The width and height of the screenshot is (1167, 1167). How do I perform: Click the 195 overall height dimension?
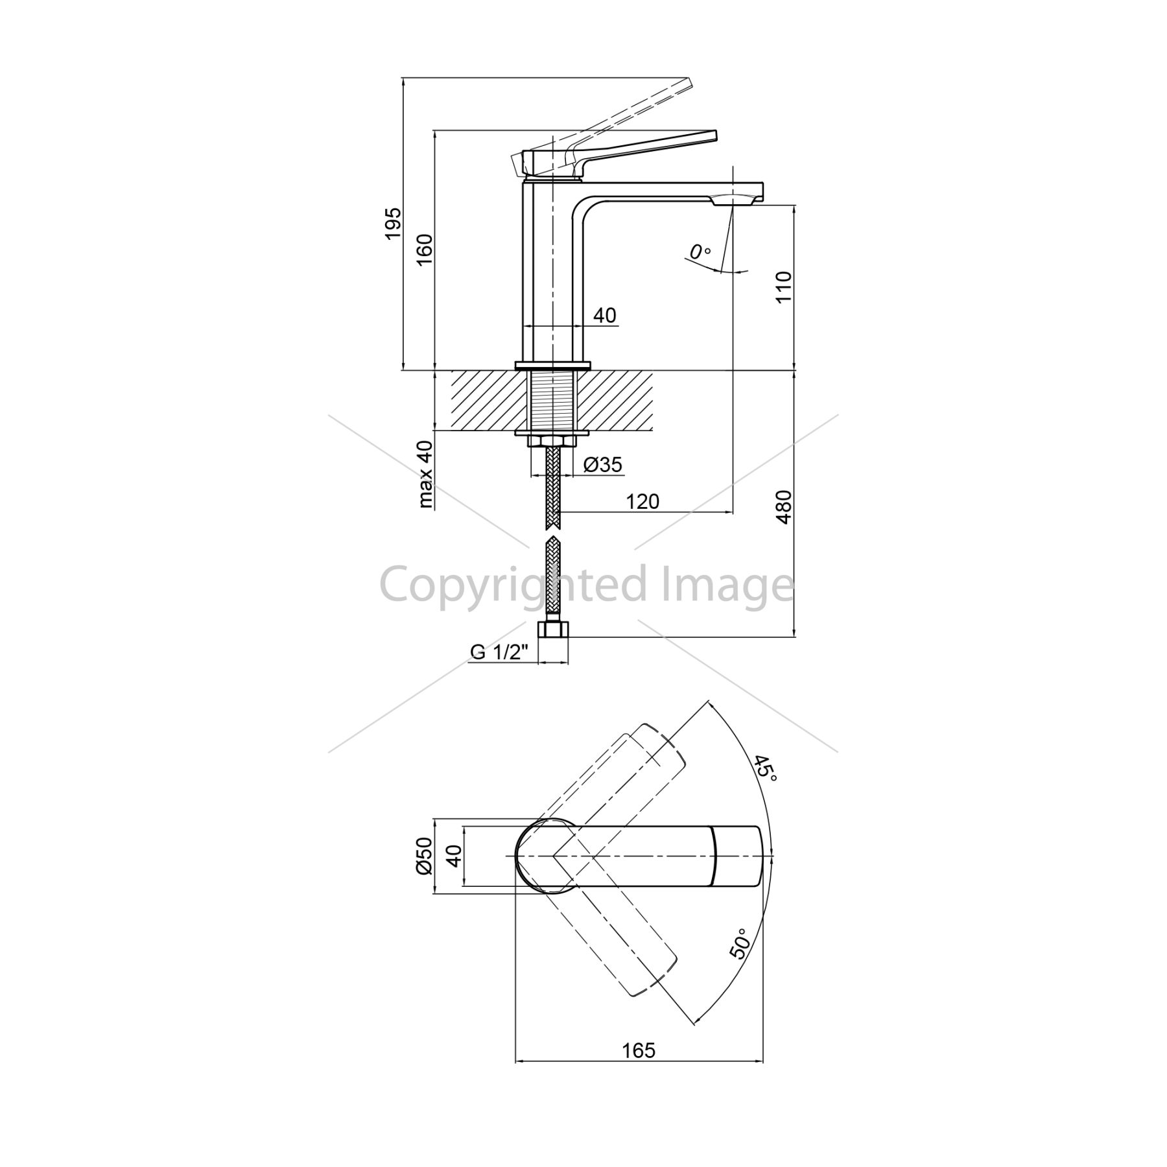(x=394, y=224)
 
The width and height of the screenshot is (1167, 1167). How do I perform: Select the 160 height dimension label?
(x=424, y=250)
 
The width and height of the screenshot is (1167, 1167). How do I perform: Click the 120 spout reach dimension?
(x=642, y=501)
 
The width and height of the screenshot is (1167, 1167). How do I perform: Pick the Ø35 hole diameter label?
(x=603, y=464)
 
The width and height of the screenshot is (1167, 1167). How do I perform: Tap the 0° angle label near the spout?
(x=700, y=252)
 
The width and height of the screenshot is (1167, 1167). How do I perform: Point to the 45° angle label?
(x=764, y=768)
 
